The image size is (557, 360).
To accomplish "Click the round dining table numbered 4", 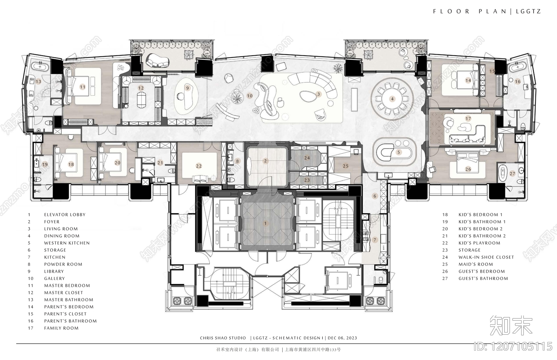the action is click(392, 99).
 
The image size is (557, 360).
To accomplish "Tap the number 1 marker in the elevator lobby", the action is click(265, 223).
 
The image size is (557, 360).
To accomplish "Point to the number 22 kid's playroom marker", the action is click(199, 166).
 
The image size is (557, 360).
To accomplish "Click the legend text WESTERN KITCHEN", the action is click(67, 243).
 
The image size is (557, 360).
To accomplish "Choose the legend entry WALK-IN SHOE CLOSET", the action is click(486, 257).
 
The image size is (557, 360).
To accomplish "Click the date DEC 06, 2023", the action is click(343, 338).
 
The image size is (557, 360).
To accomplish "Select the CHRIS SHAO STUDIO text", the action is click(223, 338).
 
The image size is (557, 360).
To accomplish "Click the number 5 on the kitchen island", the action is click(399, 152).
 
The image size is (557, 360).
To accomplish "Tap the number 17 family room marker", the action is click(468, 119).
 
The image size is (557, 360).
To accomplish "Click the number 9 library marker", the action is click(188, 88).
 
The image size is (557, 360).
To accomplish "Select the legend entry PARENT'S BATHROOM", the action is click(70, 321).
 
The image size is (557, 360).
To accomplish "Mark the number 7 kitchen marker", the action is click(375, 240).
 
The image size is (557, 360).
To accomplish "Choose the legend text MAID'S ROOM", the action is click(476, 264).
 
